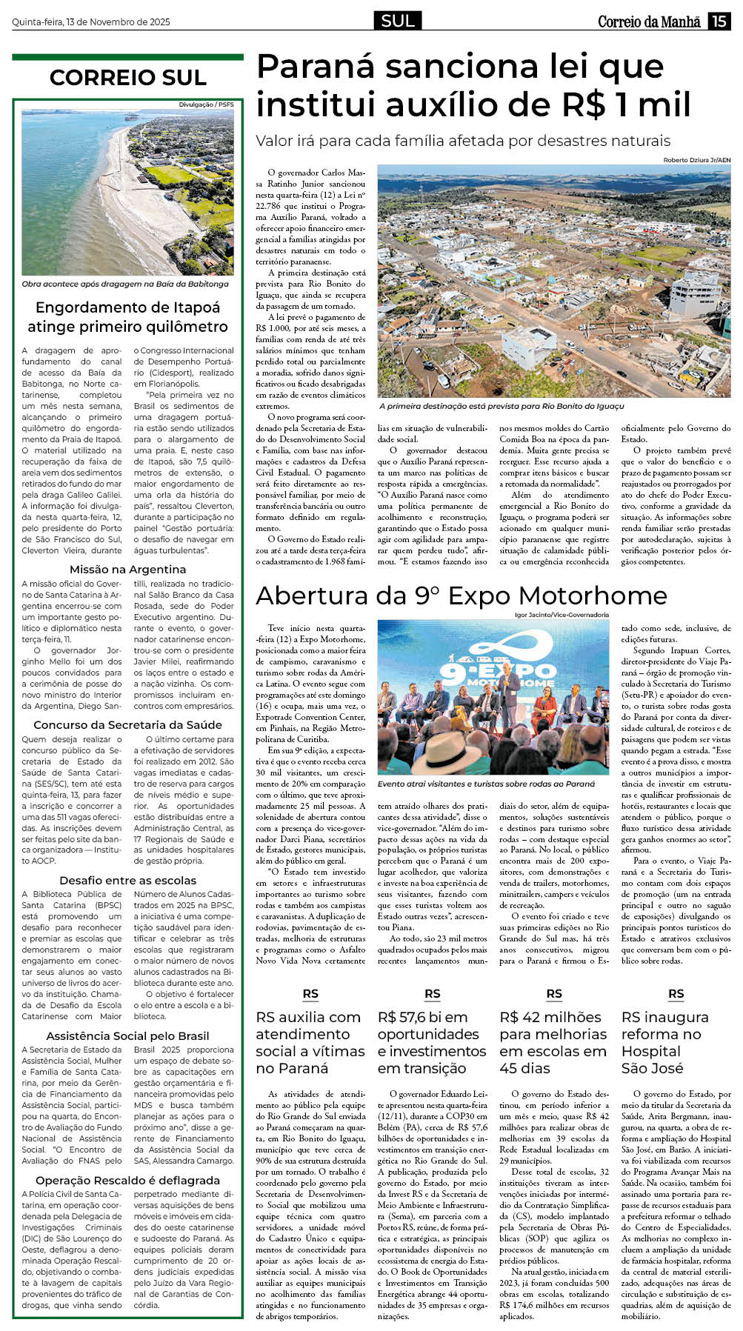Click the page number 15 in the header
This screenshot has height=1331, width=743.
point(719,21)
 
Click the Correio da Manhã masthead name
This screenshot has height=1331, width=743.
point(649,21)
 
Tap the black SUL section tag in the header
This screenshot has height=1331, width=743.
point(398,21)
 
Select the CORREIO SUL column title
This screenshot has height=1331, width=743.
point(127,77)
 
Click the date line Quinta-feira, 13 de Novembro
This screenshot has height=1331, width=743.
point(90,22)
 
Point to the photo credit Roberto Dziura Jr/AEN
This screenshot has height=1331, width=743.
point(696,160)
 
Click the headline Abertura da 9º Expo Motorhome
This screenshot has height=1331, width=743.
point(461,596)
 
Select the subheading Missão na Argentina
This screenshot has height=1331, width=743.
point(127,570)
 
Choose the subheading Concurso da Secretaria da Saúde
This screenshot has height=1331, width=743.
point(127,725)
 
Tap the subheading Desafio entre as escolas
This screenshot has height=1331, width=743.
point(127,881)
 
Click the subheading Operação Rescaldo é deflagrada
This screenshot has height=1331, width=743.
point(127,1180)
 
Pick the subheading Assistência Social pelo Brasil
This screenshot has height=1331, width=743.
point(127,1036)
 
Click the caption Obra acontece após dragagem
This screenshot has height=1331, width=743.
point(125,284)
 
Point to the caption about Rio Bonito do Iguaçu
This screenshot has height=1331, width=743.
point(502,406)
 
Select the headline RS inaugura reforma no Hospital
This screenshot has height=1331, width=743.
point(664,1043)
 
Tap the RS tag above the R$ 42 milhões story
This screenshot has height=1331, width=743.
point(554,994)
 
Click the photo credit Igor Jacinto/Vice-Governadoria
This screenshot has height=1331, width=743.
point(562,615)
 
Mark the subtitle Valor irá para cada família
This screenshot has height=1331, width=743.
point(462,141)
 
